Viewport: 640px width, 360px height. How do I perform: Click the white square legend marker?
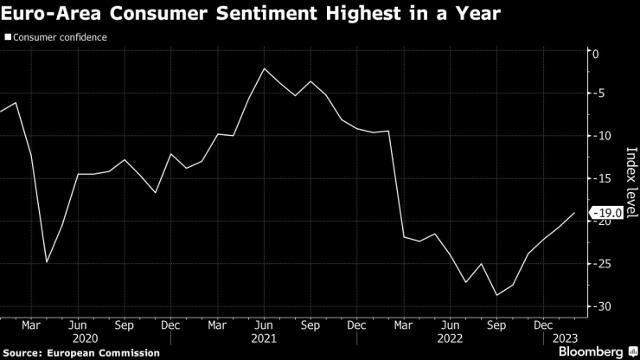(8, 38)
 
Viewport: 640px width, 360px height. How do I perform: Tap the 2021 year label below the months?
(264, 339)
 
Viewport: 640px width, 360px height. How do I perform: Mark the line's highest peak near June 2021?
(264, 68)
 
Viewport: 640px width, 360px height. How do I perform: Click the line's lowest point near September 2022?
(497, 295)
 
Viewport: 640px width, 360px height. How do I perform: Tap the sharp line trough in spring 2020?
(47, 261)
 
